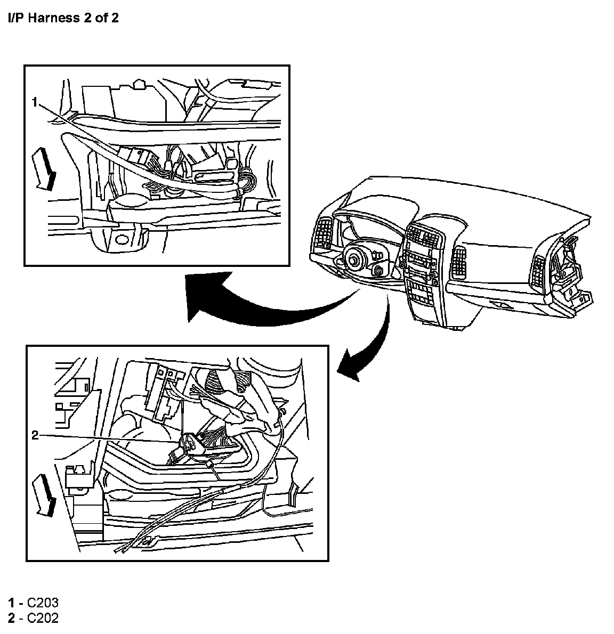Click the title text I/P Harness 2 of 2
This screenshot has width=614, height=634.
(63, 18)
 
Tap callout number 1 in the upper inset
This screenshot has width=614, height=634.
(35, 102)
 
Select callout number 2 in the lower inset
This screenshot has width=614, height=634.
(35, 435)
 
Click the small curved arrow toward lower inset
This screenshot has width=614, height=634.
(368, 346)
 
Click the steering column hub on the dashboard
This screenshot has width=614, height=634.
(353, 259)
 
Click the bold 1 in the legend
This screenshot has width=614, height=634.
(11, 603)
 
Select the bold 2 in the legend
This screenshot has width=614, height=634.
(11, 618)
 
